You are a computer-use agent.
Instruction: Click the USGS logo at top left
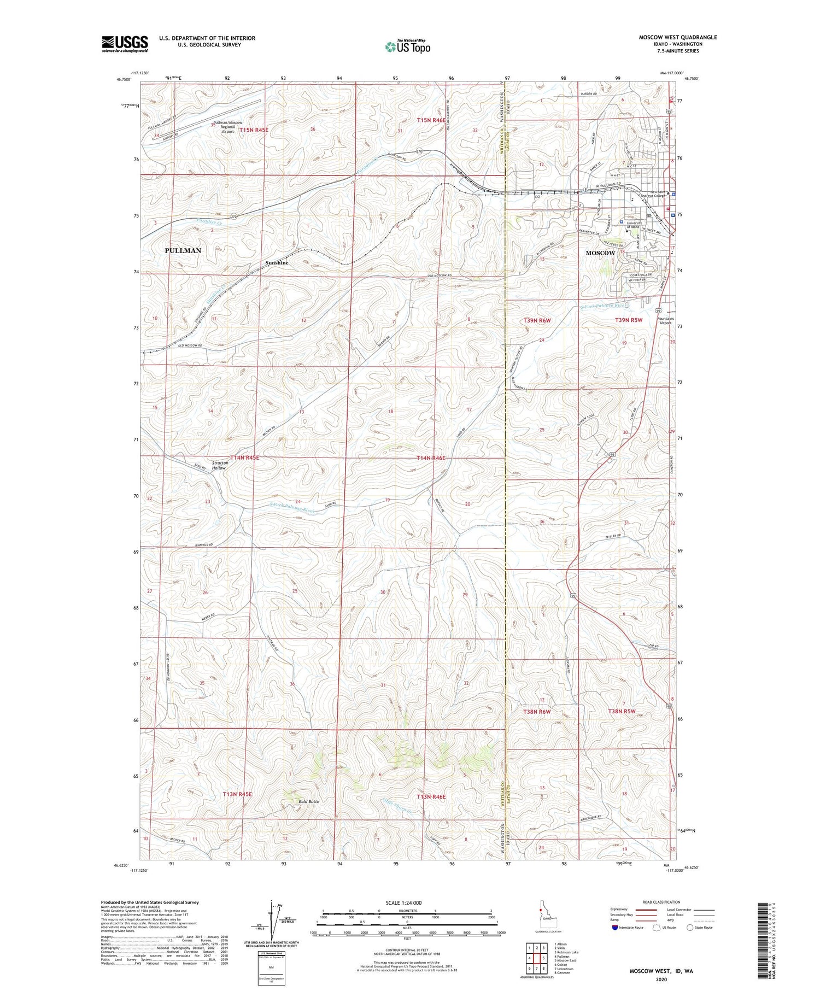click(x=125, y=44)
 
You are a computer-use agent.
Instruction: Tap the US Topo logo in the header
click(x=407, y=47)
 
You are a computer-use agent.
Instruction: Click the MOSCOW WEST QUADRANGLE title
click(x=678, y=37)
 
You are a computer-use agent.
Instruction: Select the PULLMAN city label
click(x=183, y=250)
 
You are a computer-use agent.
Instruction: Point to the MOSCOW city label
click(x=600, y=253)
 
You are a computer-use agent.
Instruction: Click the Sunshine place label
click(x=277, y=263)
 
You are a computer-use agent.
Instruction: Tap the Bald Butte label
click(x=309, y=801)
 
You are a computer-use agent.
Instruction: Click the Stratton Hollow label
click(x=220, y=465)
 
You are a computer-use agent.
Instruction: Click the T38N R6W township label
click(x=537, y=712)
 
